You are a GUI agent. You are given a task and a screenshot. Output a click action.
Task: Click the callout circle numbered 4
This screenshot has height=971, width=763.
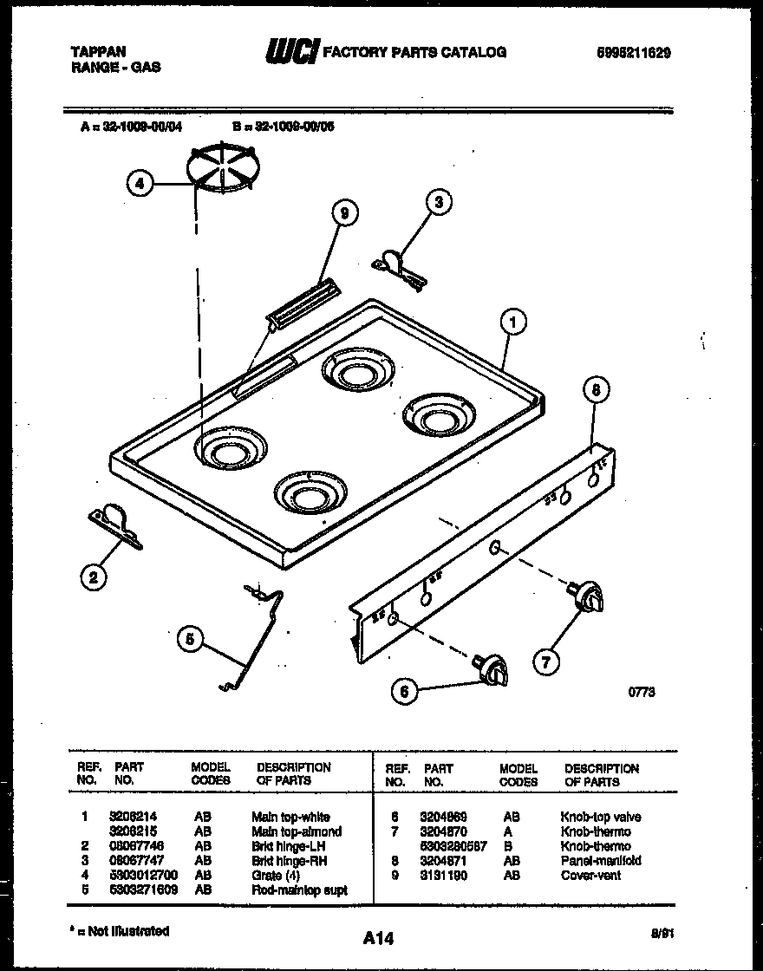click(140, 183)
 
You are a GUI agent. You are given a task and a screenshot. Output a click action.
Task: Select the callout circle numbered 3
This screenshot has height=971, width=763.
click(439, 203)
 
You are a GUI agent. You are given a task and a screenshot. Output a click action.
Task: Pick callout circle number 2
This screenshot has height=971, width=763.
click(94, 577)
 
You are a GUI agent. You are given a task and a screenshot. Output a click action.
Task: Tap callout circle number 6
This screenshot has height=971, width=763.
click(403, 690)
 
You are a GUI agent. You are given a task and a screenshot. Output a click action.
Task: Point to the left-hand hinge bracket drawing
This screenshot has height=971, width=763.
click(114, 527)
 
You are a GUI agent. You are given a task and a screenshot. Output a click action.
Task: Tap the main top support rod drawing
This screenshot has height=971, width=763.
click(256, 637)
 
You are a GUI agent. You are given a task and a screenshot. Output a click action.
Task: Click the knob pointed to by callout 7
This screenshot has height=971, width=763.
click(589, 596)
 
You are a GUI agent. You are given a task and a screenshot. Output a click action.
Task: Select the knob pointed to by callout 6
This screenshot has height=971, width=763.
click(493, 668)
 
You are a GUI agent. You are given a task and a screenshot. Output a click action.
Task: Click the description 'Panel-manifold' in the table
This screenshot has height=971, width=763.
click(601, 861)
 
